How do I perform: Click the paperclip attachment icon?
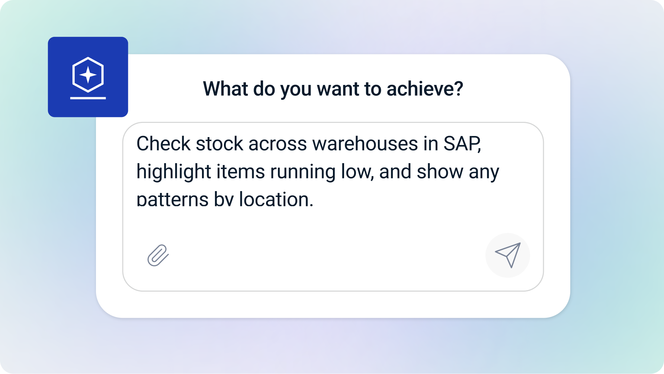point(158,256)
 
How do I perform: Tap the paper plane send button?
point(508,255)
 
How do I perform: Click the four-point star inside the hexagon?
point(88,75)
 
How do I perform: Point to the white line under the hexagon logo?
point(88,98)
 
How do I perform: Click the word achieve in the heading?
point(424,89)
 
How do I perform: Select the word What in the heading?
point(225,89)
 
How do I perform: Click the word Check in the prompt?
point(163,144)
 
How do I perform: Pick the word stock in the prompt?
point(219,144)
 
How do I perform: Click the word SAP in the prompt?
point(461,144)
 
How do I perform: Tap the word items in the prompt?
point(241,172)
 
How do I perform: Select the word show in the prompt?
point(440,172)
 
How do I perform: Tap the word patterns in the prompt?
point(173,200)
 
